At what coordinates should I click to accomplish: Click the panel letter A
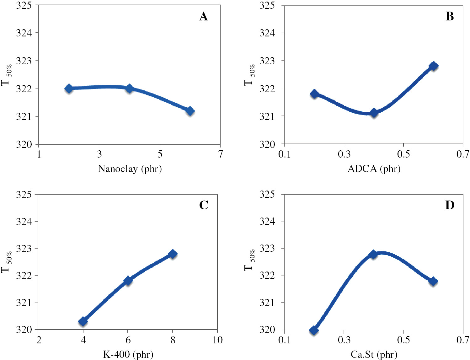[203, 16]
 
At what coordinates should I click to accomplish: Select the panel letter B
[450, 16]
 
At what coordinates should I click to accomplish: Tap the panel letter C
[204, 205]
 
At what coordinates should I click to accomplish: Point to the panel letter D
[450, 205]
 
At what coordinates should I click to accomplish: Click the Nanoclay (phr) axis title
[130, 169]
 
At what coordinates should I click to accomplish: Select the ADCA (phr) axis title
[374, 169]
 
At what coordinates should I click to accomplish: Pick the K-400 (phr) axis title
[128, 355]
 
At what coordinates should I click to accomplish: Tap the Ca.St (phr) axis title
[374, 355]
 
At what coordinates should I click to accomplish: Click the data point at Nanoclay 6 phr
[190, 111]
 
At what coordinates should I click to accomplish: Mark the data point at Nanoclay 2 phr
[69, 89]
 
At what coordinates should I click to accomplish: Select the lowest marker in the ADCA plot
[374, 113]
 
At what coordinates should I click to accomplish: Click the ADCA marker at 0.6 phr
[433, 66]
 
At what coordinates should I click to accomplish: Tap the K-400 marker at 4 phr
[83, 321]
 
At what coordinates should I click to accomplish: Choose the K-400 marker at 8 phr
[172, 254]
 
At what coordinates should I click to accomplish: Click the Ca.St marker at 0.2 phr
[314, 330]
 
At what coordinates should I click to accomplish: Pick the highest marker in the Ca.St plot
[373, 254]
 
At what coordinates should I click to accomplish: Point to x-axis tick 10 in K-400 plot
[217, 340]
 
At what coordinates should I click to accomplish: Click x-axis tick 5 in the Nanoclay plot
[160, 154]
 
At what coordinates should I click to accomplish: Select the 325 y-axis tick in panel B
[267, 6]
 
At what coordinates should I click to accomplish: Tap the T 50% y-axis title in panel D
[249, 261]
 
